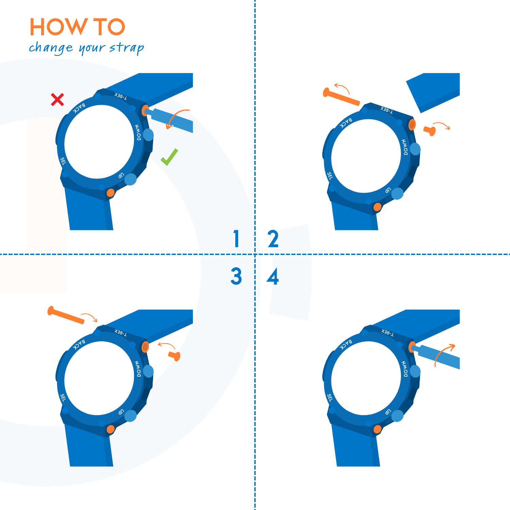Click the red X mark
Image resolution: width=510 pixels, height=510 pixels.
point(57,99)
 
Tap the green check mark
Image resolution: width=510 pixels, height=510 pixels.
point(169,157)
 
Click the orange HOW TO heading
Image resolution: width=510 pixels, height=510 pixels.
point(78,27)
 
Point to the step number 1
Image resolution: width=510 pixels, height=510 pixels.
point(237,238)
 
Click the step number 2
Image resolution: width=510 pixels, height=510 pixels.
point(273,238)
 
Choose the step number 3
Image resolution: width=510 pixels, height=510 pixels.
point(236,276)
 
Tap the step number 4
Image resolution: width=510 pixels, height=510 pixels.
point(273,276)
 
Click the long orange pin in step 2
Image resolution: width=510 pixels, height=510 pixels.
point(341,97)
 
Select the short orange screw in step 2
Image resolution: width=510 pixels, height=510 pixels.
point(430,131)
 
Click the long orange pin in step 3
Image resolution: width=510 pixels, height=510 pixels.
point(66,315)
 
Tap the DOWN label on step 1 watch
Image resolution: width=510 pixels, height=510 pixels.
point(138,133)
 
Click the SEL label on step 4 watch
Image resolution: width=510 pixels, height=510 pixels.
point(329,397)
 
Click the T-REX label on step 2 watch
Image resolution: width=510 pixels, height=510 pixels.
point(387,110)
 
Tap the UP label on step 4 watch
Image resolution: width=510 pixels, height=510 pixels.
point(388,412)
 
